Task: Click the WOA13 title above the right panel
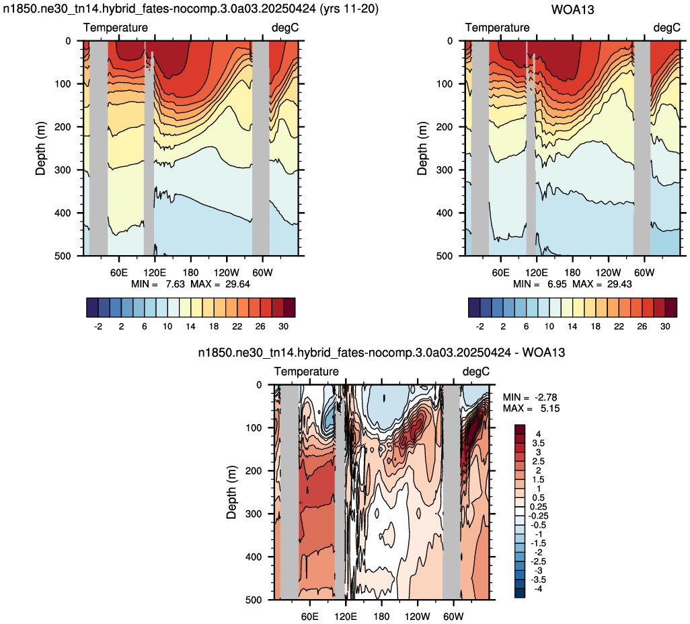click(x=572, y=9)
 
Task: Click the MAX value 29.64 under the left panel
click(x=237, y=284)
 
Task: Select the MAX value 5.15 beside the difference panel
click(x=550, y=408)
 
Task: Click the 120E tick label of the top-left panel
click(x=155, y=273)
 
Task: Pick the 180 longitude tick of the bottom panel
click(x=381, y=616)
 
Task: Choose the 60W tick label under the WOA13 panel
click(x=644, y=273)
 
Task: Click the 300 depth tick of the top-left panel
click(x=63, y=170)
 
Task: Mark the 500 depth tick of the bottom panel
click(x=254, y=600)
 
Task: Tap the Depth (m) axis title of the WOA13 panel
click(x=422, y=148)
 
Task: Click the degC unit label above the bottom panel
click(x=475, y=372)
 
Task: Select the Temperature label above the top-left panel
click(x=116, y=28)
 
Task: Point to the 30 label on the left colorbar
click(x=283, y=326)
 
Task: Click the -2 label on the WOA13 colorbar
click(x=480, y=326)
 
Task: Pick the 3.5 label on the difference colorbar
click(x=538, y=443)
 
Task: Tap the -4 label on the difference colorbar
click(x=538, y=589)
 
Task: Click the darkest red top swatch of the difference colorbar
click(x=520, y=429)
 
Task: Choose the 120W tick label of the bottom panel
click(x=417, y=616)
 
